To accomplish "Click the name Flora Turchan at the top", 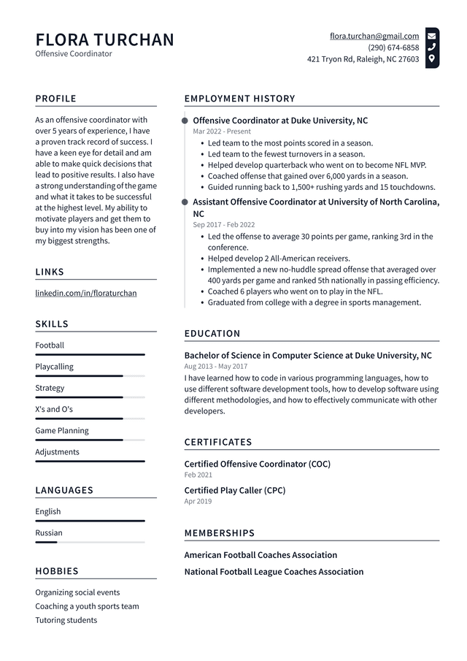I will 104,39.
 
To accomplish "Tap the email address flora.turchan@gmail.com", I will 374,36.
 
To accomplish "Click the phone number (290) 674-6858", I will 393,47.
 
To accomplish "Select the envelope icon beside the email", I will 432,36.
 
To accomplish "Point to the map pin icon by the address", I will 432,58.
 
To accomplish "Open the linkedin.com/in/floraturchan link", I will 86,293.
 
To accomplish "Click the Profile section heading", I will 55,99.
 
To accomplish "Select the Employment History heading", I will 239,99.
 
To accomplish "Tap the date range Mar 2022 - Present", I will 222,131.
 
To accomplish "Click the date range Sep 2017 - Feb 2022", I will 225,225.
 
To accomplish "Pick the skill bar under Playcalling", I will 90,376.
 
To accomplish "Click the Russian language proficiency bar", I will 90,542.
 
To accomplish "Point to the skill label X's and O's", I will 54,409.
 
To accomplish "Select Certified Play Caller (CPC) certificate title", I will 235,490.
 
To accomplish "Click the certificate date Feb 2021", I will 193,475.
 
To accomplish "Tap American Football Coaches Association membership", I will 260,555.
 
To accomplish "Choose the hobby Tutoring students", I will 66,620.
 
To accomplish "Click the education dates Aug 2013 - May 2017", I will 216,367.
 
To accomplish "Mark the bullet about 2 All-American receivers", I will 279,259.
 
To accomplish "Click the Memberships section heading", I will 220,533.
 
